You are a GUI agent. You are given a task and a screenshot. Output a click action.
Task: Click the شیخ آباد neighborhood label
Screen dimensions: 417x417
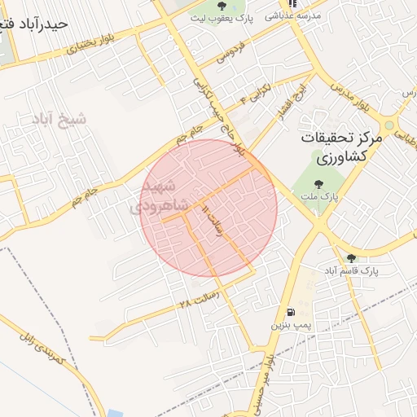(59, 120)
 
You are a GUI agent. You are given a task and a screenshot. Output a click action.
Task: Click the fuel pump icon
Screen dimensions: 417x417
(290, 312)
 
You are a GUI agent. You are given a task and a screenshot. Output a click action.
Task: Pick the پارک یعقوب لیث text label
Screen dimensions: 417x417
(224, 16)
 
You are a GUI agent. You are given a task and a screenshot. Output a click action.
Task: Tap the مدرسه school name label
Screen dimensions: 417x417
(296, 15)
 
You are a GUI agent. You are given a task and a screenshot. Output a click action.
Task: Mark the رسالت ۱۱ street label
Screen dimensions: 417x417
(213, 222)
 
